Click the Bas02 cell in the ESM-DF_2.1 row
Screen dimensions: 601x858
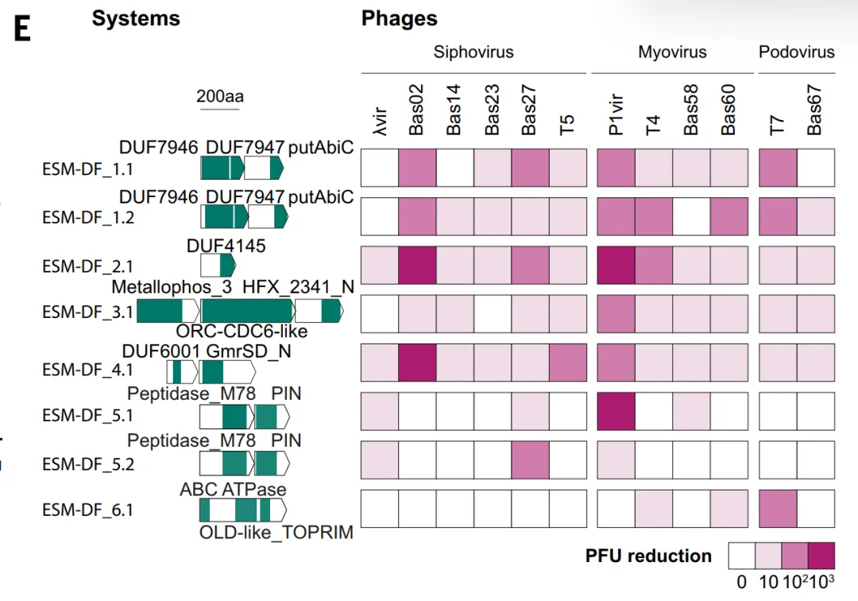pyautogui.click(x=418, y=266)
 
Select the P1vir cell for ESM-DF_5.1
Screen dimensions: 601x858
pyautogui.click(x=616, y=411)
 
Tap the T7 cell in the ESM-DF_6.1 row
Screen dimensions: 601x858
pyautogui.click(x=778, y=509)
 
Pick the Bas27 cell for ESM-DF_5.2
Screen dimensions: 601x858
pyautogui.click(x=531, y=459)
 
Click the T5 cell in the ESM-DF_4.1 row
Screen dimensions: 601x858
pyautogui.click(x=568, y=363)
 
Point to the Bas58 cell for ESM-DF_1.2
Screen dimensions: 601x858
pyautogui.click(x=692, y=217)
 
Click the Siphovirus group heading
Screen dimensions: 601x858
pyautogui.click(x=473, y=52)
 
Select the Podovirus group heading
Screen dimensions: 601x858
pyautogui.click(x=796, y=52)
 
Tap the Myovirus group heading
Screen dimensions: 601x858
pyautogui.click(x=672, y=52)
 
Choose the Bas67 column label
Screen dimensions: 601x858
pyautogui.click(x=815, y=115)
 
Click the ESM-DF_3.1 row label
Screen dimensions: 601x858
pyautogui.click(x=87, y=312)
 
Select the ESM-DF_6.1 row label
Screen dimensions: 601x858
pyautogui.click(x=87, y=510)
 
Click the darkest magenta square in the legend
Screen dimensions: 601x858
pyautogui.click(x=821, y=556)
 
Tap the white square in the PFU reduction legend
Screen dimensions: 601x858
pyautogui.click(x=741, y=556)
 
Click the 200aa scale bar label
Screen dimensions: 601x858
pyautogui.click(x=220, y=97)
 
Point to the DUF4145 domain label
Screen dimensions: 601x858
pyautogui.click(x=226, y=246)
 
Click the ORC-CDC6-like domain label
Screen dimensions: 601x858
pyautogui.click(x=242, y=331)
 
